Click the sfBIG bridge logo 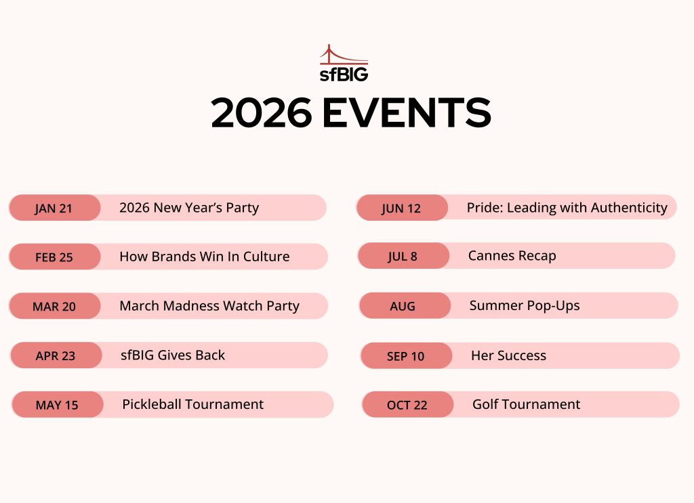[344, 63]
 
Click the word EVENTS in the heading [407, 112]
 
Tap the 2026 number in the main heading [262, 112]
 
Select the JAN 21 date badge [54, 208]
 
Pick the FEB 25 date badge [54, 257]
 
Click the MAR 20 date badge [54, 306]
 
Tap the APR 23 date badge [56, 355]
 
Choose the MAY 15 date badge [57, 404]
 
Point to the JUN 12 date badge [402, 208]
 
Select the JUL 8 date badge [403, 256]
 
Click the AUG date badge [405, 306]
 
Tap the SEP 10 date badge [406, 356]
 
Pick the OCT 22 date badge [407, 404]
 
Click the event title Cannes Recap [512, 256]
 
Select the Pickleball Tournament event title [192, 404]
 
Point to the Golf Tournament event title [526, 404]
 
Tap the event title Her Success [508, 355]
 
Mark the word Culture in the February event [266, 257]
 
